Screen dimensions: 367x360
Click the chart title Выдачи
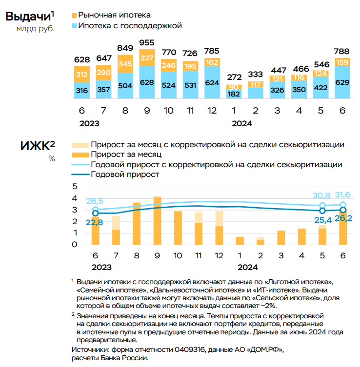(x=27, y=16)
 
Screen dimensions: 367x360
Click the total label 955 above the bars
(x=147, y=42)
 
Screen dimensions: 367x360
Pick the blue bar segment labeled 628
(x=147, y=82)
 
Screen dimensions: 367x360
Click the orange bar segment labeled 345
(x=125, y=63)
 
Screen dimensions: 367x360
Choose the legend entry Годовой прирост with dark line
(x=125, y=174)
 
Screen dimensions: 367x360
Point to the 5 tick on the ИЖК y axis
(x=75, y=186)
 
